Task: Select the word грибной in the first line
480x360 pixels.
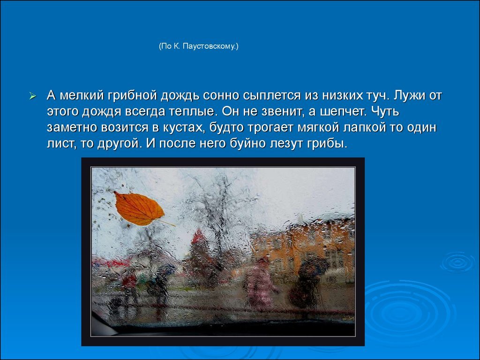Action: pos(133,96)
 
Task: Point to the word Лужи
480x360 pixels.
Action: pos(408,95)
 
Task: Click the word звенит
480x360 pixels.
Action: pos(282,112)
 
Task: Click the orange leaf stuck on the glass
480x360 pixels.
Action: pos(139,209)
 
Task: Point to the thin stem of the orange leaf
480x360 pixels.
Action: pos(166,223)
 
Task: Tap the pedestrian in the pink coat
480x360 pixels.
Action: pos(260,283)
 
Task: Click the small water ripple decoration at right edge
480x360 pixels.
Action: pos(458,262)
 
